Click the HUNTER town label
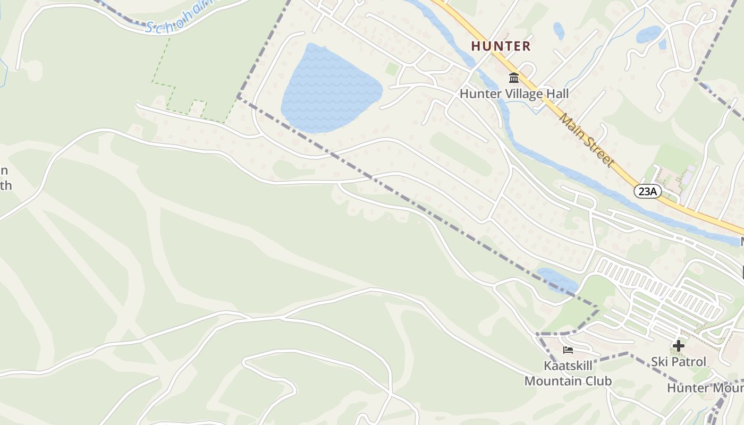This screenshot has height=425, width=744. [501, 46]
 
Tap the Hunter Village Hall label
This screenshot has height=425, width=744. [514, 94]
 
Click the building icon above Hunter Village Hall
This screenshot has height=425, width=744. [514, 78]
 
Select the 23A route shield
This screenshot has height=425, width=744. [647, 191]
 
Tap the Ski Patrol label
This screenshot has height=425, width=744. [679, 362]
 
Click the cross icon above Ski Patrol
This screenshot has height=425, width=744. [678, 346]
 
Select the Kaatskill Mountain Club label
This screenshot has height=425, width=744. [568, 373]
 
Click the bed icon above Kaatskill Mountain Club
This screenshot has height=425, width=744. [568, 350]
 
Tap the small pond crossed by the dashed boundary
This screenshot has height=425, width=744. [557, 280]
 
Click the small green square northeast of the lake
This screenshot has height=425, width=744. [392, 69]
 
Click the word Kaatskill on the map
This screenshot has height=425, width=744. [568, 366]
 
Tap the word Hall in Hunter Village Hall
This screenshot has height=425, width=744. [557, 94]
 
